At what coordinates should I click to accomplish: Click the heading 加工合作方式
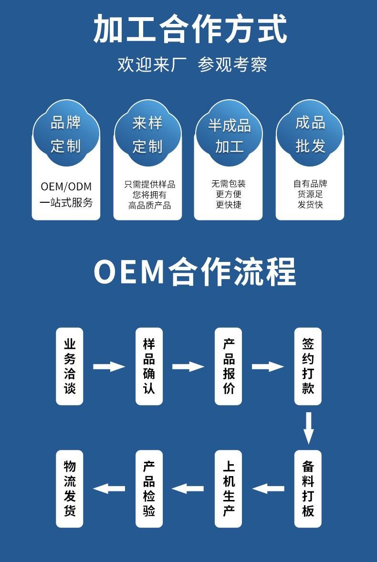pos(189,30)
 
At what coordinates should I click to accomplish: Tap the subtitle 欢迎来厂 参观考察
pos(192,64)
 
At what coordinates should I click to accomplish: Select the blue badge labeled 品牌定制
pos(66,134)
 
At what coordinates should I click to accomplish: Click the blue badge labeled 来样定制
pos(147,134)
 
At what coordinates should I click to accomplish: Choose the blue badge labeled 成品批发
pos(310,134)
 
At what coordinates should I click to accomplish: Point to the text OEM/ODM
pos(66,187)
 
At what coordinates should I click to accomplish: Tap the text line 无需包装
pos(229,184)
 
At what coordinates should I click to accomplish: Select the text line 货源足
pos(310,194)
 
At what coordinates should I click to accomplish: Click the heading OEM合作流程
pos(194,272)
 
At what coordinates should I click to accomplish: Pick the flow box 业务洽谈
pos(70,366)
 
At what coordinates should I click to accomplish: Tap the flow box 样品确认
pos(149,366)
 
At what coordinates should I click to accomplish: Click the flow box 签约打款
pos(308,366)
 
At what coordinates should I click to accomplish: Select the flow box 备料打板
pos(308,489)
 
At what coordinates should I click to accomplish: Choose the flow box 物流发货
pos(70,489)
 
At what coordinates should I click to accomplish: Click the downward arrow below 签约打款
pos(308,427)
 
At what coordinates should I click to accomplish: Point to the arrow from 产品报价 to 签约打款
pos(268,366)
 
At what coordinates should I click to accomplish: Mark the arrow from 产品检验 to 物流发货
pos(109,489)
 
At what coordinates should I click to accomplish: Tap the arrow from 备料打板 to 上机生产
pos(268,489)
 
